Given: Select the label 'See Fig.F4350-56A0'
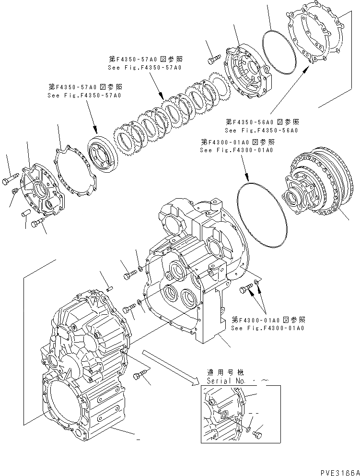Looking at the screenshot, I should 261,131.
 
